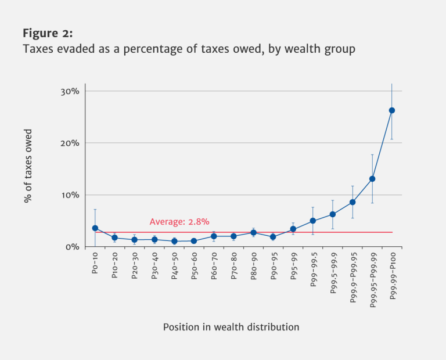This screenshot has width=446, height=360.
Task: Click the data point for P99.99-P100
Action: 391,110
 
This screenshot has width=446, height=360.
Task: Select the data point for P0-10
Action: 95,228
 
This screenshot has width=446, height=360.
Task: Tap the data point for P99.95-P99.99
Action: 372,179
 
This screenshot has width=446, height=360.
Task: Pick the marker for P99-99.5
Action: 312,221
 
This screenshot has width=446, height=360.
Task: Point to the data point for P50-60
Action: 194,241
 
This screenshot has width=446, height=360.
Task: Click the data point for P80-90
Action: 253,233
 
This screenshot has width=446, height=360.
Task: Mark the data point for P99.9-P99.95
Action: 352,202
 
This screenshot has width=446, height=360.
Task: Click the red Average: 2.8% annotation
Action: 179,222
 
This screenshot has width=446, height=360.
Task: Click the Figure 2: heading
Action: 47,33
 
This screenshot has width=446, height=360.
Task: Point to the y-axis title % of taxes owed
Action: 28,165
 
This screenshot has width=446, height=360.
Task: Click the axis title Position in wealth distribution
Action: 231,327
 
